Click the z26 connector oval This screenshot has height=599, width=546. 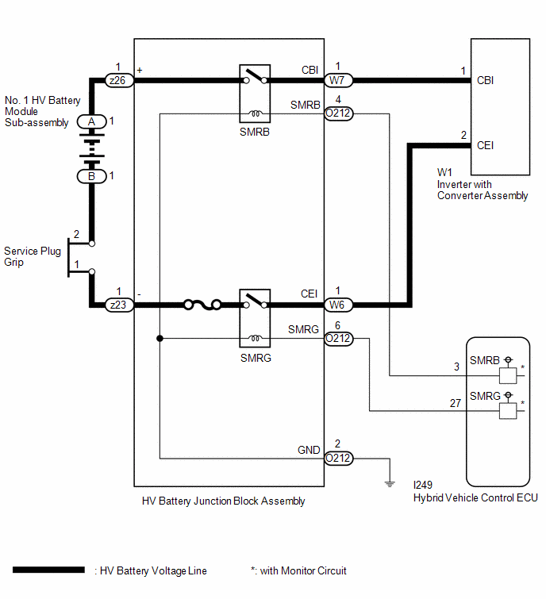(x=119, y=81)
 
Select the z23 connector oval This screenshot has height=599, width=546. (x=119, y=305)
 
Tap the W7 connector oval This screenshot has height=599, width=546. (x=338, y=81)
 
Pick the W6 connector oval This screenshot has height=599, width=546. (x=338, y=305)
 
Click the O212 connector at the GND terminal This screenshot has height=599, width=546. (x=339, y=458)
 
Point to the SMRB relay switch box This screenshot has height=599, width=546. (x=255, y=94)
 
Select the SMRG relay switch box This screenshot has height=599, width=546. (x=255, y=318)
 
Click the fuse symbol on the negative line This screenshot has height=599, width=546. (x=202, y=305)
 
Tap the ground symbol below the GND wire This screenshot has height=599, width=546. (x=390, y=484)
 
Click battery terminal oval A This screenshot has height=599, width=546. (x=92, y=122)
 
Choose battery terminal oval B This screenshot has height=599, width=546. (x=92, y=176)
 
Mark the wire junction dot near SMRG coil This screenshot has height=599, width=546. (x=160, y=339)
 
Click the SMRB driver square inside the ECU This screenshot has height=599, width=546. (x=508, y=375)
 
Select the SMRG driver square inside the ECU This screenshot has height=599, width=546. (x=508, y=411)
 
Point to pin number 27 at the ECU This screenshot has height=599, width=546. (x=455, y=403)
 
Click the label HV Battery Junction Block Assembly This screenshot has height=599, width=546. (x=224, y=501)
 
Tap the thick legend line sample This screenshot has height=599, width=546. (x=48, y=570)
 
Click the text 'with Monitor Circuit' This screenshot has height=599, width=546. (x=303, y=570)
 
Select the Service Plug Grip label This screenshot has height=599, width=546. (x=33, y=256)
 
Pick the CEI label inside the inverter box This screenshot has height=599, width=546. (x=485, y=145)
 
